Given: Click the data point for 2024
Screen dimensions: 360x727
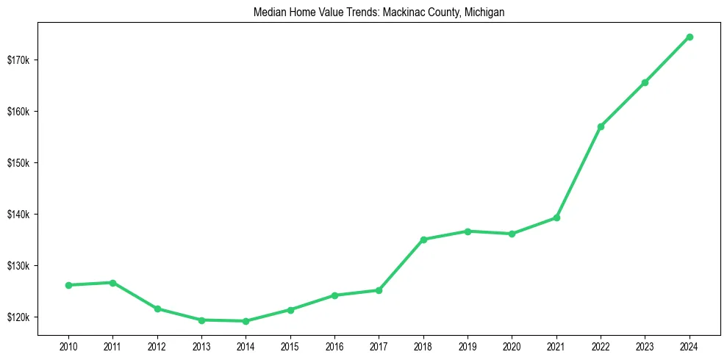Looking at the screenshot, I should (x=689, y=37).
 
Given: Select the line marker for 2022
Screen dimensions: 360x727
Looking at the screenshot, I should (x=601, y=126).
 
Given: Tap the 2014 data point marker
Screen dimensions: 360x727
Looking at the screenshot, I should (x=246, y=321).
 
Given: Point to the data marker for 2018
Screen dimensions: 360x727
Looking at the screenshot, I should (x=423, y=240).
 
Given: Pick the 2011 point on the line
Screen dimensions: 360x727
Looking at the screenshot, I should (x=112, y=283).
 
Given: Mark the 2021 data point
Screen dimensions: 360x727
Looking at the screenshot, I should (x=556, y=217).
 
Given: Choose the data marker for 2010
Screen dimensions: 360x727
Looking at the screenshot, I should (x=68, y=285).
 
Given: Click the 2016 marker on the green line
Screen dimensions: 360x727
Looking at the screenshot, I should (x=334, y=295).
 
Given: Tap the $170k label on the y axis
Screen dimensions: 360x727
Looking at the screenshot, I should (x=19, y=60).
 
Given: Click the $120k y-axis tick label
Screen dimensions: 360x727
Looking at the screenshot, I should (x=19, y=317).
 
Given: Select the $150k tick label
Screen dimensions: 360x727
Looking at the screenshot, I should (x=19, y=162).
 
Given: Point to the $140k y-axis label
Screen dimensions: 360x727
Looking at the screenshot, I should (x=19, y=215).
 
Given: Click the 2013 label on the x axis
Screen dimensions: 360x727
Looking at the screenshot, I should (x=201, y=345).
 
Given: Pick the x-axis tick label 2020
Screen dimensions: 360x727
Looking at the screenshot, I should (x=512, y=345).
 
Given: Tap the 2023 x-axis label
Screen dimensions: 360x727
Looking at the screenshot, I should (x=645, y=345).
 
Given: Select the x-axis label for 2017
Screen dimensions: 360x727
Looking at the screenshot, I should (x=379, y=345).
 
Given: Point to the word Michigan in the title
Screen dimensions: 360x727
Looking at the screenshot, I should (x=484, y=12).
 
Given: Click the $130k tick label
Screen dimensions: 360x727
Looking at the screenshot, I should (x=19, y=266).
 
